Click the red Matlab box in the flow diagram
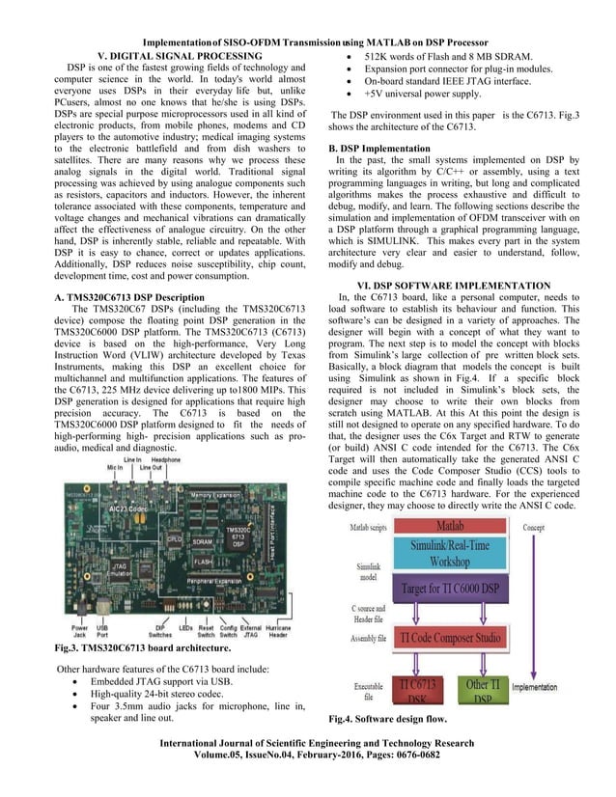pyautogui.click(x=450, y=528)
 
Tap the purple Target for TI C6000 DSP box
pyautogui.click(x=449, y=589)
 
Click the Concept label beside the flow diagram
pyautogui.click(x=534, y=528)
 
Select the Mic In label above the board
pyautogui.click(x=115, y=466)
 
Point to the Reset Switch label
pyautogui.click(x=207, y=635)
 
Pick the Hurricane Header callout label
pyautogui.click(x=279, y=635)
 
